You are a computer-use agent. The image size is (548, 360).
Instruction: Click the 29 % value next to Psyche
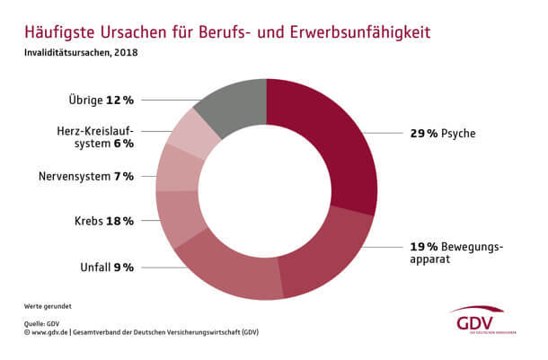(425, 134)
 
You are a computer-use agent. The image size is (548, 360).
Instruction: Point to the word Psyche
(459, 134)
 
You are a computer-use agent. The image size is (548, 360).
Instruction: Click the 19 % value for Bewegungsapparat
(425, 247)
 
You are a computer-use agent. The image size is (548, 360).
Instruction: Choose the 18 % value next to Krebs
(121, 220)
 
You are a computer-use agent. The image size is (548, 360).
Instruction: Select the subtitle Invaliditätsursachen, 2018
(81, 52)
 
